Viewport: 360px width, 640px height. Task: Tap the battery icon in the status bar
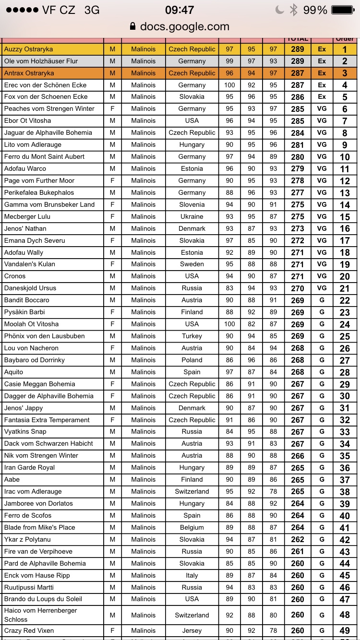coord(342,10)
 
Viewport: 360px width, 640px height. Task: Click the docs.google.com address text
coord(184,26)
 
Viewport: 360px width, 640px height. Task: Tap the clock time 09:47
coord(180,10)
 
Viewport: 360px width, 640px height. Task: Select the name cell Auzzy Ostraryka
coord(29,49)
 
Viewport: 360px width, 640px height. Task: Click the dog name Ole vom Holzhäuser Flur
coord(41,61)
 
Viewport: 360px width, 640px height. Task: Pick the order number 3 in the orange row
coord(345,73)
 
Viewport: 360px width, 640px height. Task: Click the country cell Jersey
coord(192,630)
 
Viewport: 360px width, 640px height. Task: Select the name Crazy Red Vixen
coord(29,630)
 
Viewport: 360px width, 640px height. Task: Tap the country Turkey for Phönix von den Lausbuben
coord(192,336)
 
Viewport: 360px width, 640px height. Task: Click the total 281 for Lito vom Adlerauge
coord(298,145)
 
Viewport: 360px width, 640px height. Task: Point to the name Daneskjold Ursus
coord(30,288)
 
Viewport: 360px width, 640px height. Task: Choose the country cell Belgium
coord(192,527)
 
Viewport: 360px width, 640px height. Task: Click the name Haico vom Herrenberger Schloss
coord(40,615)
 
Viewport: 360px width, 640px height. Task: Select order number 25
coord(345,336)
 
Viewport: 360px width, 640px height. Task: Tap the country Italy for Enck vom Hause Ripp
coord(192,575)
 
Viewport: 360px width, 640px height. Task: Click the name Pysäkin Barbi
coord(24,312)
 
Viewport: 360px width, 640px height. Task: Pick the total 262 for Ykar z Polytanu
coord(298,540)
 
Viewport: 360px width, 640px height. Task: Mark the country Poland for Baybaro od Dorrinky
coord(192,360)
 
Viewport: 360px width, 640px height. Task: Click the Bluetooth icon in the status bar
coord(294,10)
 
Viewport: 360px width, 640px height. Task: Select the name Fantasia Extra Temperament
coord(47,420)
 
